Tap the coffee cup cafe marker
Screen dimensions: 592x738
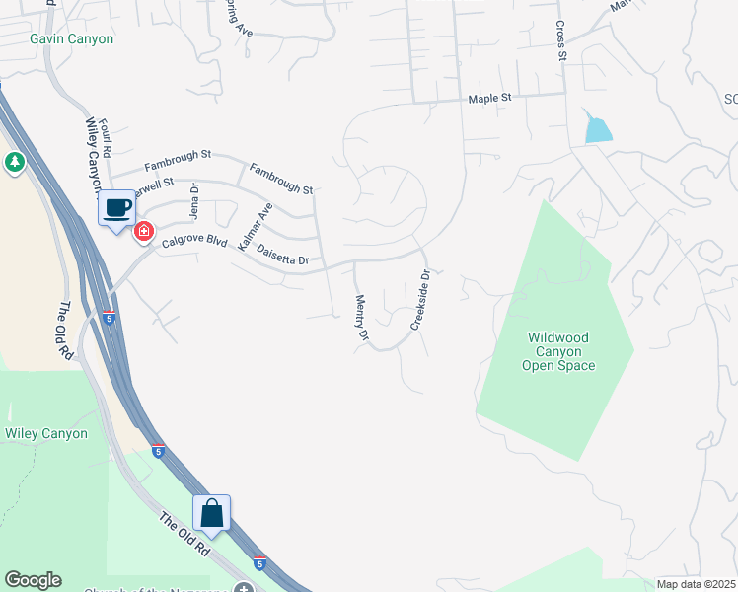pyautogui.click(x=117, y=208)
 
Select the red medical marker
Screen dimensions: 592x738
pyautogui.click(x=144, y=232)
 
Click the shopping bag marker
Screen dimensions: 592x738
pyautogui.click(x=211, y=513)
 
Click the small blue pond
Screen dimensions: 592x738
pyautogui.click(x=597, y=127)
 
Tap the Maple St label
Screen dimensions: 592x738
pyautogui.click(x=490, y=99)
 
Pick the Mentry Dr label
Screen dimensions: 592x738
pyautogui.click(x=361, y=319)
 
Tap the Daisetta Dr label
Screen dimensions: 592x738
pyautogui.click(x=283, y=254)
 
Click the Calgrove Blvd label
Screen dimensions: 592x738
pyautogui.click(x=195, y=242)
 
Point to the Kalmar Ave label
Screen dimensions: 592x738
pyautogui.click(x=254, y=225)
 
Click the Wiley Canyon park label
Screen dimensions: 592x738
pyautogui.click(x=46, y=433)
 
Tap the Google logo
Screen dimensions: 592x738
pyautogui.click(x=33, y=580)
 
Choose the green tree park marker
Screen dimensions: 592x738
pyautogui.click(x=14, y=162)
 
